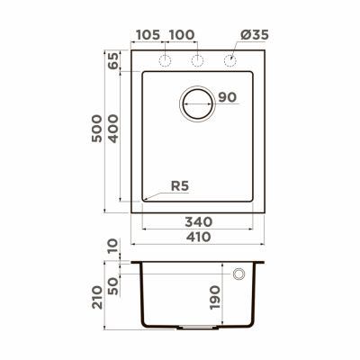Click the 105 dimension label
[148, 35]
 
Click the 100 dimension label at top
[182, 35]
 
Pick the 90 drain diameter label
[227, 97]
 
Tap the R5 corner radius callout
[180, 187]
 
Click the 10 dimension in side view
[112, 246]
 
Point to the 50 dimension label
[112, 285]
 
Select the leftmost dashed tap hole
[165, 60]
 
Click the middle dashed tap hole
[196, 60]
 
